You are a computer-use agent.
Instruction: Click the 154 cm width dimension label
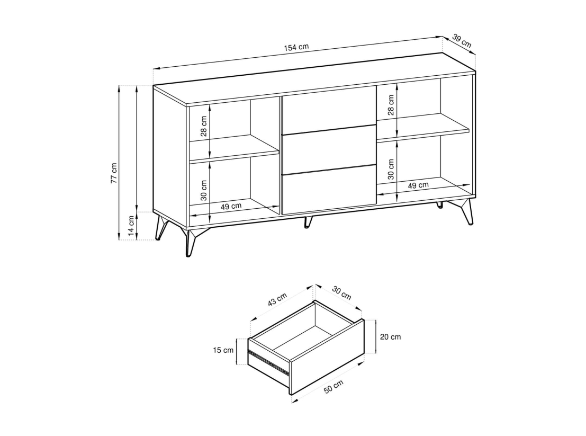tap(296, 48)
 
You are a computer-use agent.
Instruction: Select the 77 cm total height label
tap(114, 173)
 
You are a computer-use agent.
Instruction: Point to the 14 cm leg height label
tap(131, 226)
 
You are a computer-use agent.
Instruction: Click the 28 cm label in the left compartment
tap(204, 126)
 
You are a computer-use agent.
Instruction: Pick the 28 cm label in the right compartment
tap(391, 105)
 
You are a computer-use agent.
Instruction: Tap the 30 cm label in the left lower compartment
tap(204, 190)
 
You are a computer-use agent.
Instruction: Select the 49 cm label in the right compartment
tap(418, 185)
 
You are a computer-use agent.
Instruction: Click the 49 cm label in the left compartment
tap(231, 206)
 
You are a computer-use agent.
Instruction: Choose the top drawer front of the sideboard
tap(329, 110)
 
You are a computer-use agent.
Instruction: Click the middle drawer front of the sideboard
tap(329, 149)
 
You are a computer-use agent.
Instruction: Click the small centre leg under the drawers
tap(308, 221)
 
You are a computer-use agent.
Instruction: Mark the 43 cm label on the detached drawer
tap(277, 299)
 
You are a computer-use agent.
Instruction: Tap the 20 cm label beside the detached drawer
tap(391, 337)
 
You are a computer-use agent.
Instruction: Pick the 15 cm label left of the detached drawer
tap(223, 350)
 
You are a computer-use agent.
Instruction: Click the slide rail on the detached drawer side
tap(269, 361)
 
